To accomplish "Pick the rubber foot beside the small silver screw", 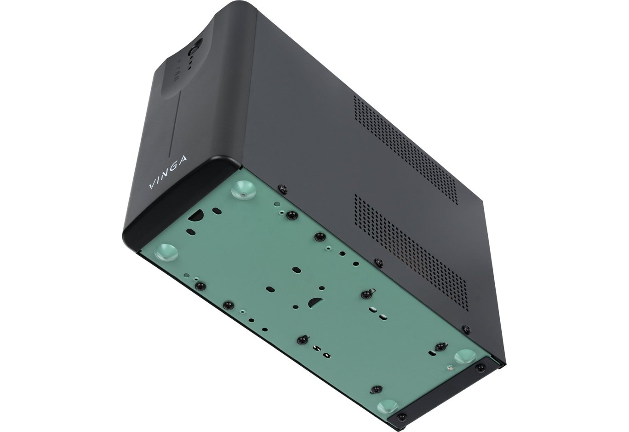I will coord(465,357).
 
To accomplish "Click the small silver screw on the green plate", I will coord(451,367).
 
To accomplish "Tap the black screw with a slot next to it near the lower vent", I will coord(366,293).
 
